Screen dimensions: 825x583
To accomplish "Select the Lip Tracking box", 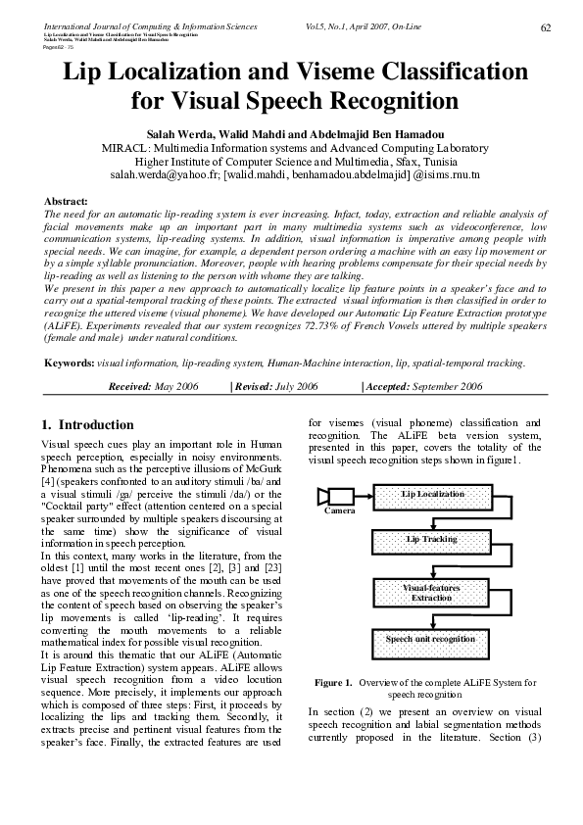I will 433,540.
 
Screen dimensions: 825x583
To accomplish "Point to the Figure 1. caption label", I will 333,682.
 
